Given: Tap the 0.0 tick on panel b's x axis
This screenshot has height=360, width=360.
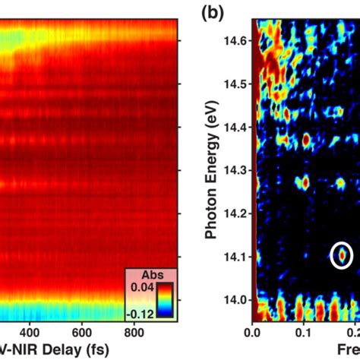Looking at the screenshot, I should coord(254,332).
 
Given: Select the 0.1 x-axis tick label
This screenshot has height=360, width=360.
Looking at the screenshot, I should coord(305,332).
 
